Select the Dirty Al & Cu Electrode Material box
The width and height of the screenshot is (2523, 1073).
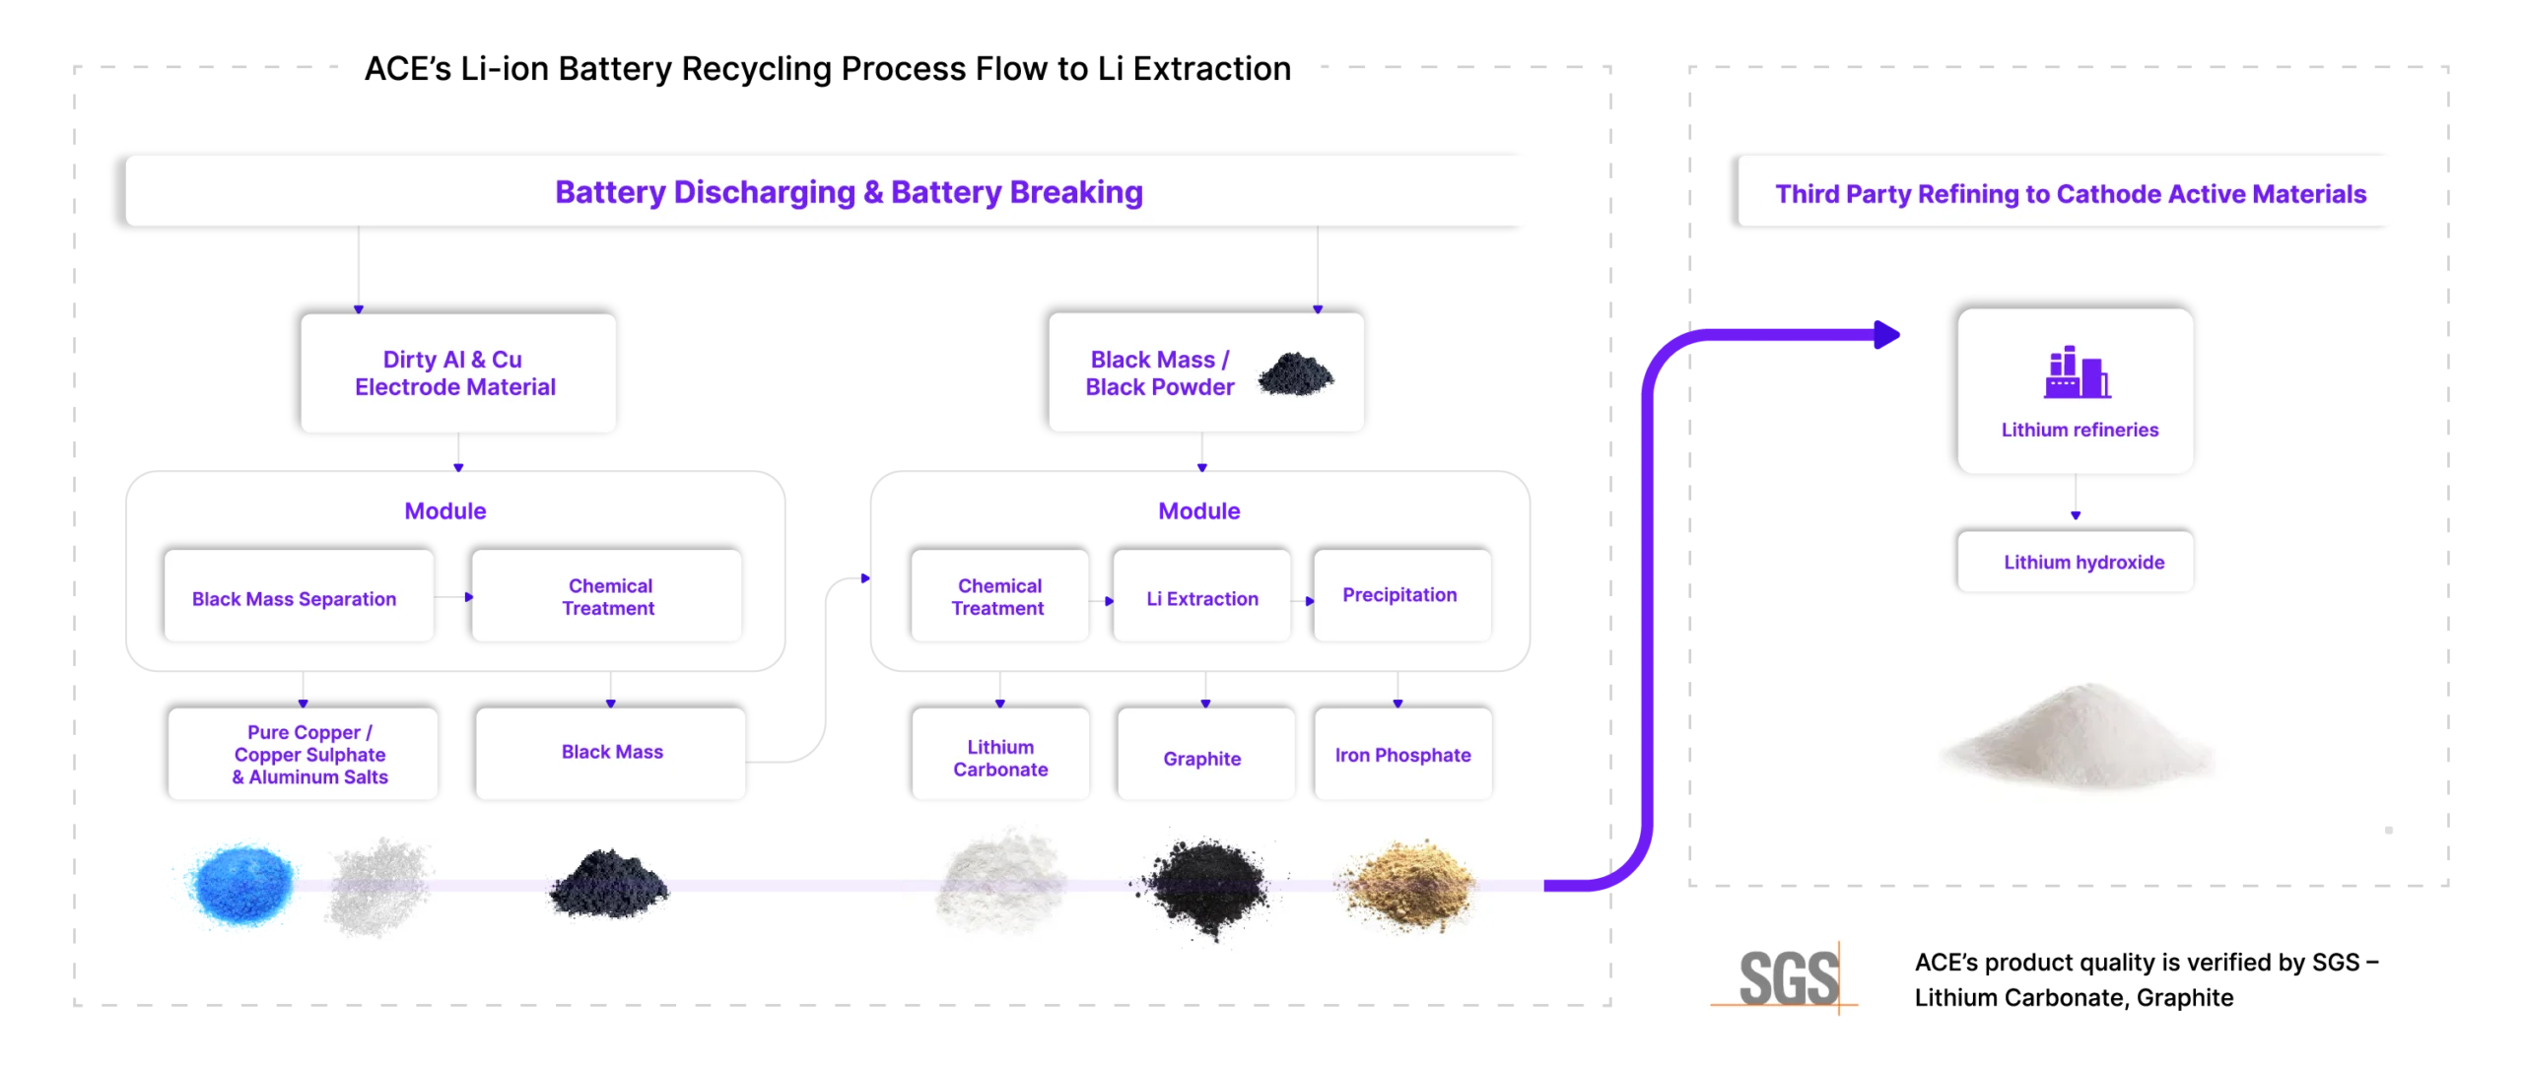tap(457, 373)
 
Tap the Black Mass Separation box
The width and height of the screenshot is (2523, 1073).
tap(298, 597)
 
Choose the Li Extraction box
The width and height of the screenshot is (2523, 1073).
tap(1201, 597)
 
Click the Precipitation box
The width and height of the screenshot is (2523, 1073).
tap(1401, 595)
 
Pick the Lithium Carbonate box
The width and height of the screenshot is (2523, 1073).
tap(1000, 755)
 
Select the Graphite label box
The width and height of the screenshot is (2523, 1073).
tap(1204, 755)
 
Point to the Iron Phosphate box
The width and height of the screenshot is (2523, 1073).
tap(1402, 755)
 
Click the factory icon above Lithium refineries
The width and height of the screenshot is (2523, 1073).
tap(2076, 373)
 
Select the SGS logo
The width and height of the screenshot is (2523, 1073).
tap(1780, 975)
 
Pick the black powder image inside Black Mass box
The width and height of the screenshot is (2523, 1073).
tap(1296, 374)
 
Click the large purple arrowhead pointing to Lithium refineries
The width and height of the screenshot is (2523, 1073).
tap(1886, 335)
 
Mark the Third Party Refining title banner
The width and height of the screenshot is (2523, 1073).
tap(2068, 193)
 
